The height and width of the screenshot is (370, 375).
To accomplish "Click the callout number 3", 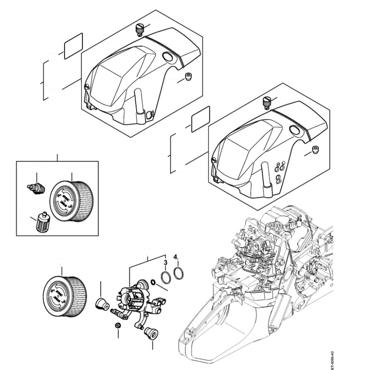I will (x=165, y=263).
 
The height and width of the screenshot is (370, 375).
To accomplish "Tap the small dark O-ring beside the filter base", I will (x=153, y=283).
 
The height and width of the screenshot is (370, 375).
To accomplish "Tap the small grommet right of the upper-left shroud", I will (x=187, y=77).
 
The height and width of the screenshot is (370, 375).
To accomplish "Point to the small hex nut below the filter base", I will (x=118, y=326).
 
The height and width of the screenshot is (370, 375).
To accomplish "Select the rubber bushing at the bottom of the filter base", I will (x=149, y=333).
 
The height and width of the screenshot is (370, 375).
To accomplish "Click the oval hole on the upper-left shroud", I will (x=169, y=57).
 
